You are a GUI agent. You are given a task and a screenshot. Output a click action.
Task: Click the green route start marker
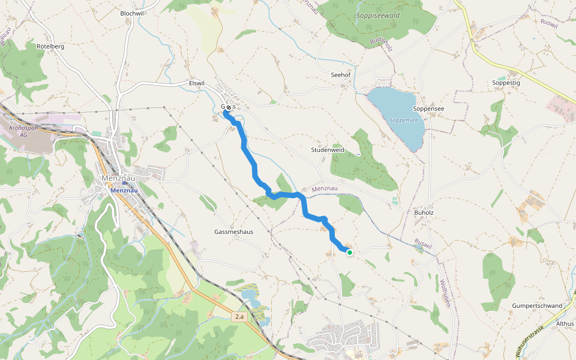tap(349, 253)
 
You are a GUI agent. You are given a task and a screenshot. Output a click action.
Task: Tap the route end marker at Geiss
tap(228, 107)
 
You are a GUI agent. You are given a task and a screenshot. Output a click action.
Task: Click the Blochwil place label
tap(132, 13)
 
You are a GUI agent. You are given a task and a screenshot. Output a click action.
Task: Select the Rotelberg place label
tap(50, 46)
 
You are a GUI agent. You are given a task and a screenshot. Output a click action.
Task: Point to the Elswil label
tap(197, 83)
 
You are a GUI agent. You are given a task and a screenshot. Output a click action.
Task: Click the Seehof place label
tap(340, 75)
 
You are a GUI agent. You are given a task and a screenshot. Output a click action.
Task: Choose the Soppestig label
tap(505, 82)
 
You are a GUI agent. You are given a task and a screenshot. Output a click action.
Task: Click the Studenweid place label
tap(327, 150)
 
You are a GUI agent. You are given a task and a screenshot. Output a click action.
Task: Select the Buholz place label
tap(424, 212)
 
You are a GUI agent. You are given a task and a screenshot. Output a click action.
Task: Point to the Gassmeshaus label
tap(234, 232)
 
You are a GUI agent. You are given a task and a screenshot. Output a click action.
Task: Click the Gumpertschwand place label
tap(537, 306)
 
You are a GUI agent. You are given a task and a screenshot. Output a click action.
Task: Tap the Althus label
tap(565, 323)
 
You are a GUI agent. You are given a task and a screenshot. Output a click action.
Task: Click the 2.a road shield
tap(240, 316)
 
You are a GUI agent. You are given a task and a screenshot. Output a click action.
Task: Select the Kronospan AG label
tap(23, 131)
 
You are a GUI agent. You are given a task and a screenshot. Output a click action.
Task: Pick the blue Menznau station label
tap(125, 190)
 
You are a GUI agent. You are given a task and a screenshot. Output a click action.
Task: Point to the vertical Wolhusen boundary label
tap(445, 293)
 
